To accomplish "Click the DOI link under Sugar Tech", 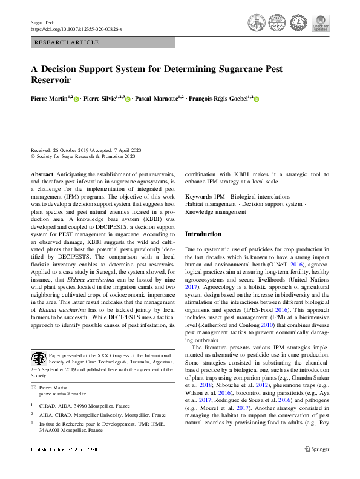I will [x=76, y=29].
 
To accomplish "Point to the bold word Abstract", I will [x=41, y=173].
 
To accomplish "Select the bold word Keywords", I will [x=198, y=197].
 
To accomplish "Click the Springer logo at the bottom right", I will [x=316, y=466].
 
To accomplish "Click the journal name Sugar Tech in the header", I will [x=44, y=22].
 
